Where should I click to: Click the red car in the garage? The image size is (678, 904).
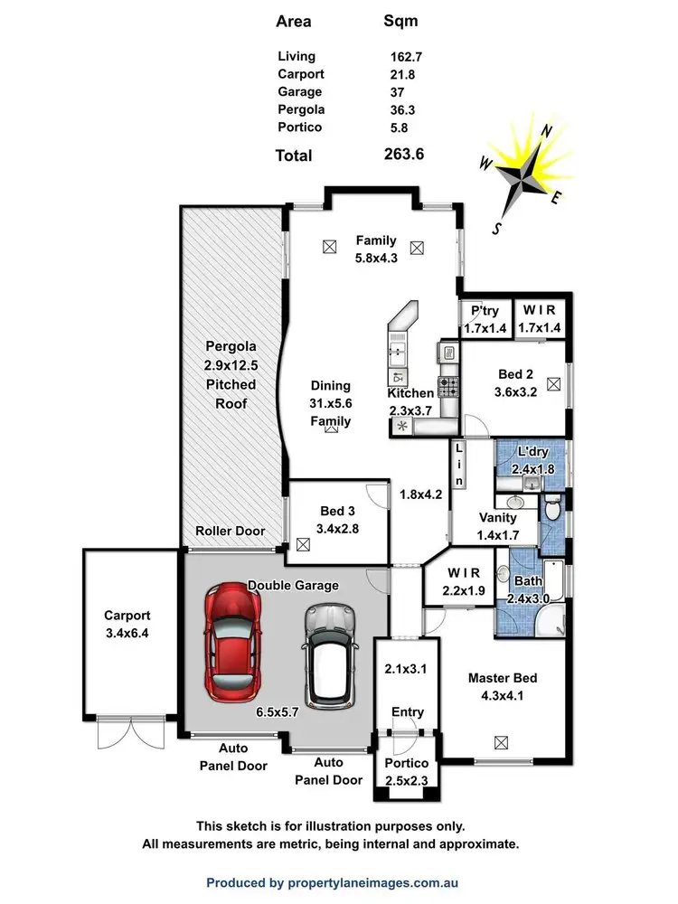coord(231,640)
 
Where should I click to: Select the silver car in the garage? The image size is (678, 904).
coord(325,653)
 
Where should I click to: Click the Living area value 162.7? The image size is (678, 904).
coord(406,56)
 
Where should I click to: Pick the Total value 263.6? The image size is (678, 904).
coord(404,155)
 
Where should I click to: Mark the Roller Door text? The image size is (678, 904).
coord(231,531)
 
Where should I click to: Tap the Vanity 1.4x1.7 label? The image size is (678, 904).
coord(496,526)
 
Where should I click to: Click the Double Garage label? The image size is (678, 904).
coord(293,585)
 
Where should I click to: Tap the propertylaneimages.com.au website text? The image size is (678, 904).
coord(368,882)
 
